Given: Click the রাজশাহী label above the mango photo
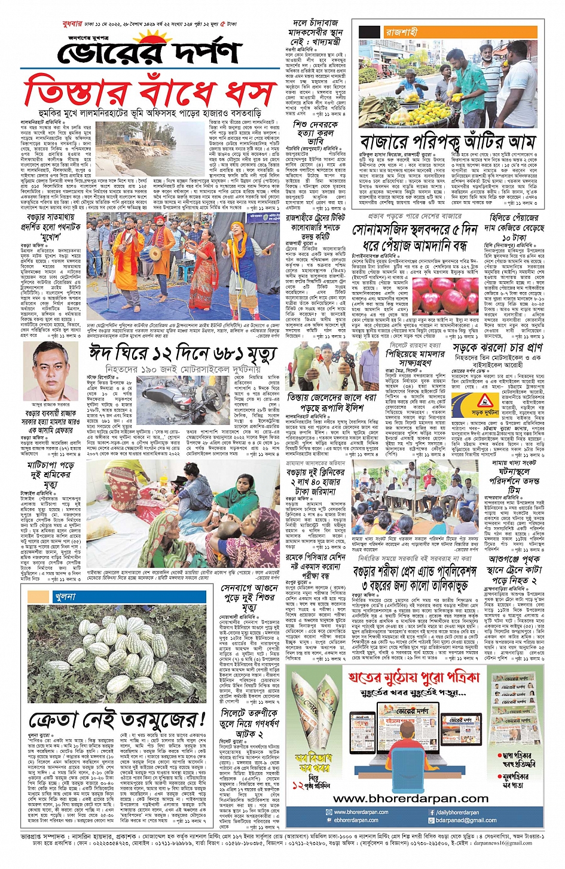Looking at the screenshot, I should pyautogui.click(x=401, y=32).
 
